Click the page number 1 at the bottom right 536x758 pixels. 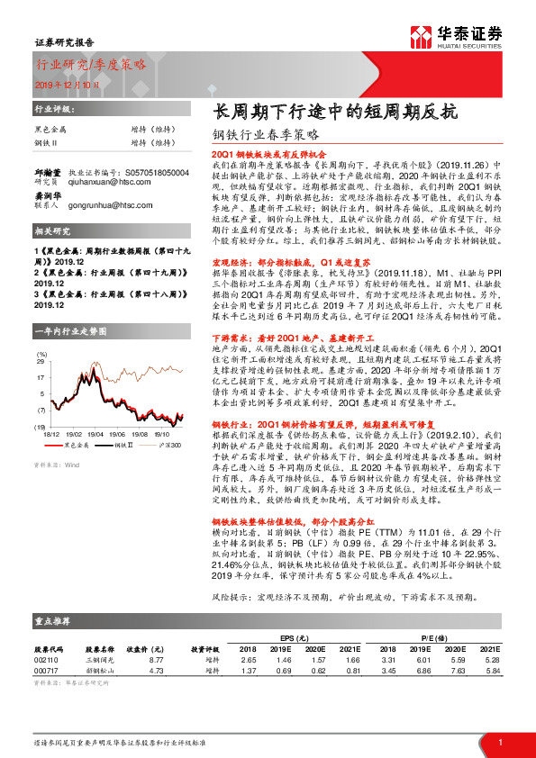(500, 742)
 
